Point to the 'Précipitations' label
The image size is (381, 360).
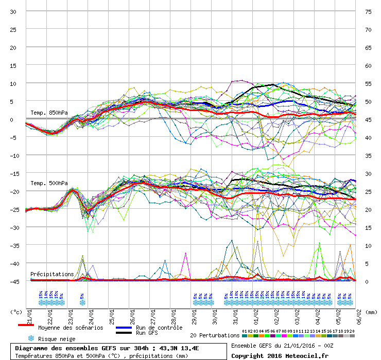(x=52, y=274)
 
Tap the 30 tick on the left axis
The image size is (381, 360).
(x=13, y=11)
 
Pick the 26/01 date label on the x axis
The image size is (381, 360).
(x=132, y=314)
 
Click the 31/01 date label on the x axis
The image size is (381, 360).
(x=235, y=314)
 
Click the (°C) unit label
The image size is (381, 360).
(x=16, y=312)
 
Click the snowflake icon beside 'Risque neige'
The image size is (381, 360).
(x=30, y=338)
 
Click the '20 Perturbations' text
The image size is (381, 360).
(x=215, y=335)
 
